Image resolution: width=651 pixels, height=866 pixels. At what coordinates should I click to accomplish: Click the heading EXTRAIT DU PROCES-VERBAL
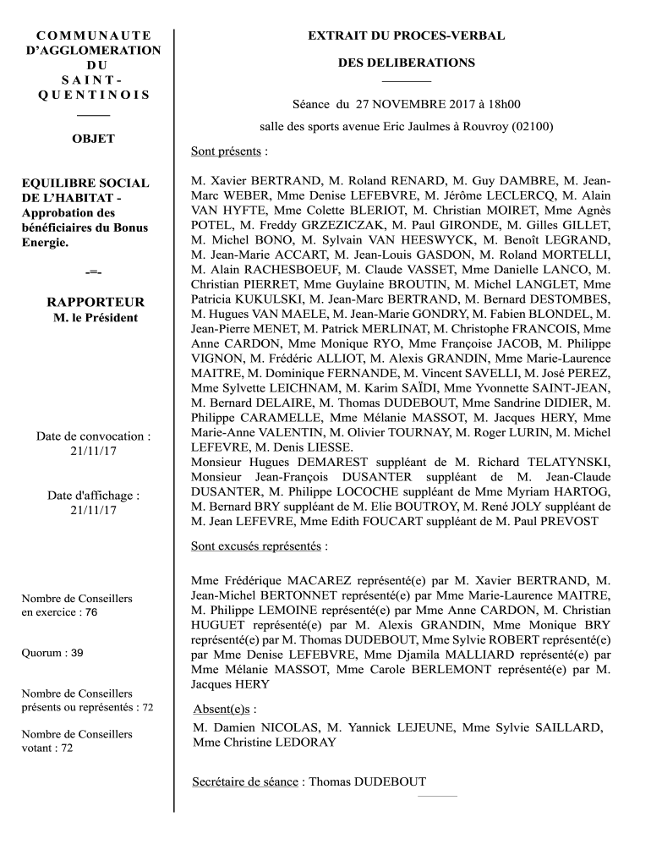tap(406, 36)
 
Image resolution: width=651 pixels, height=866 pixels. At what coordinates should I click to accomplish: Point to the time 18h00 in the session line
tap(502, 105)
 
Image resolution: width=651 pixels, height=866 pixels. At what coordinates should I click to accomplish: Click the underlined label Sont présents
tap(227, 152)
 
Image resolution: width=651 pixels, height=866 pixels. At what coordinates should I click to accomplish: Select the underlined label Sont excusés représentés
tap(256, 545)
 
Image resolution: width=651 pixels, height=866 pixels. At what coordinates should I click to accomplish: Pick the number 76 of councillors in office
tap(90, 611)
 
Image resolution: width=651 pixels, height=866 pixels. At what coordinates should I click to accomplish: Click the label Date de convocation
tap(93, 436)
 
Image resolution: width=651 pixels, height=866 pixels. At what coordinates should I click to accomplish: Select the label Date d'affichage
tap(93, 496)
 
